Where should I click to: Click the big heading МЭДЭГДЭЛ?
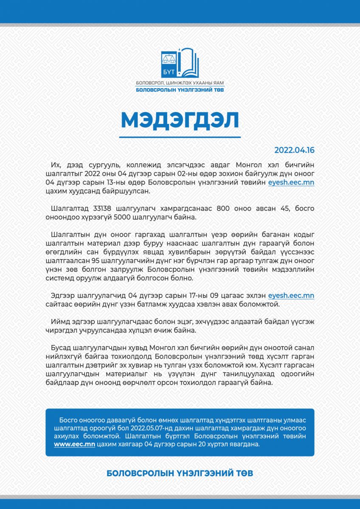(180, 120)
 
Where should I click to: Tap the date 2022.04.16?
(294, 150)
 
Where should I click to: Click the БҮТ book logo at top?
(180, 63)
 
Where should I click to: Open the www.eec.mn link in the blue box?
(74, 444)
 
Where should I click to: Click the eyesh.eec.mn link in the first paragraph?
(291, 182)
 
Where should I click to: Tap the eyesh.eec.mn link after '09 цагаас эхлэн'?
(291, 295)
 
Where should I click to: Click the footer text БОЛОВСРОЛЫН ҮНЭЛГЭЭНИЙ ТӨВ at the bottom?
(180, 473)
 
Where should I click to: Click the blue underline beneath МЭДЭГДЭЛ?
(180, 137)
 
